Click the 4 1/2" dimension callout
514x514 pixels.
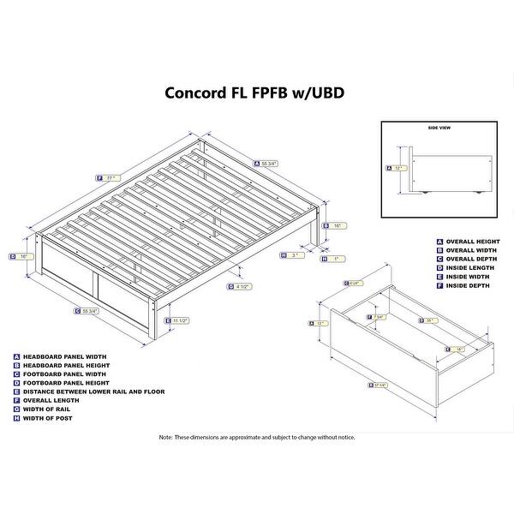coord(243,286)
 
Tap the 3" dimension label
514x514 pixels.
coord(296,254)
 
